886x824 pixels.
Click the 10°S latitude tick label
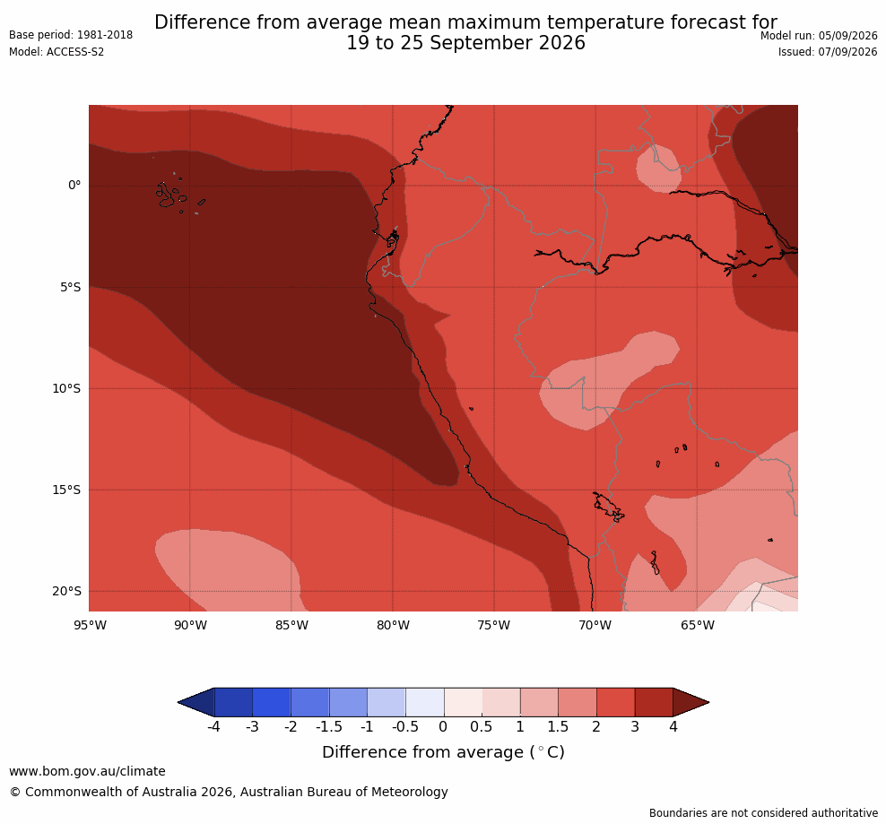tap(66, 389)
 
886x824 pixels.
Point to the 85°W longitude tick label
tap(291, 625)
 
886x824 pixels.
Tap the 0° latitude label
tap(74, 186)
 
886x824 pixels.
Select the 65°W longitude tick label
tap(698, 625)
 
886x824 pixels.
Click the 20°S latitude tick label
tap(66, 591)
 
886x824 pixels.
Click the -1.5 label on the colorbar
tap(329, 726)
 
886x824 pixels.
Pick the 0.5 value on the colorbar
tap(482, 726)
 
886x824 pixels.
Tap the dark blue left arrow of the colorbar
tap(196, 702)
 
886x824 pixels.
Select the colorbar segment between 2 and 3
tap(616, 702)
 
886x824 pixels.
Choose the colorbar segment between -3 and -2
tap(272, 702)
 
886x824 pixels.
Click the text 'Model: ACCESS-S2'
tap(56, 52)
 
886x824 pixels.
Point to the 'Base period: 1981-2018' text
tap(71, 35)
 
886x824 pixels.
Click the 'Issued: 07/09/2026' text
tap(828, 52)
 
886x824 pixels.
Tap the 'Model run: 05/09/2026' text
tap(819, 36)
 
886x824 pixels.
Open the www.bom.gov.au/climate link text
tap(88, 771)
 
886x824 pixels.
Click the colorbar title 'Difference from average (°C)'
tap(444, 752)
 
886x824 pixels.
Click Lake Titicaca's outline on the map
tap(609, 507)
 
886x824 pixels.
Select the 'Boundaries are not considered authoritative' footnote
tap(763, 813)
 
